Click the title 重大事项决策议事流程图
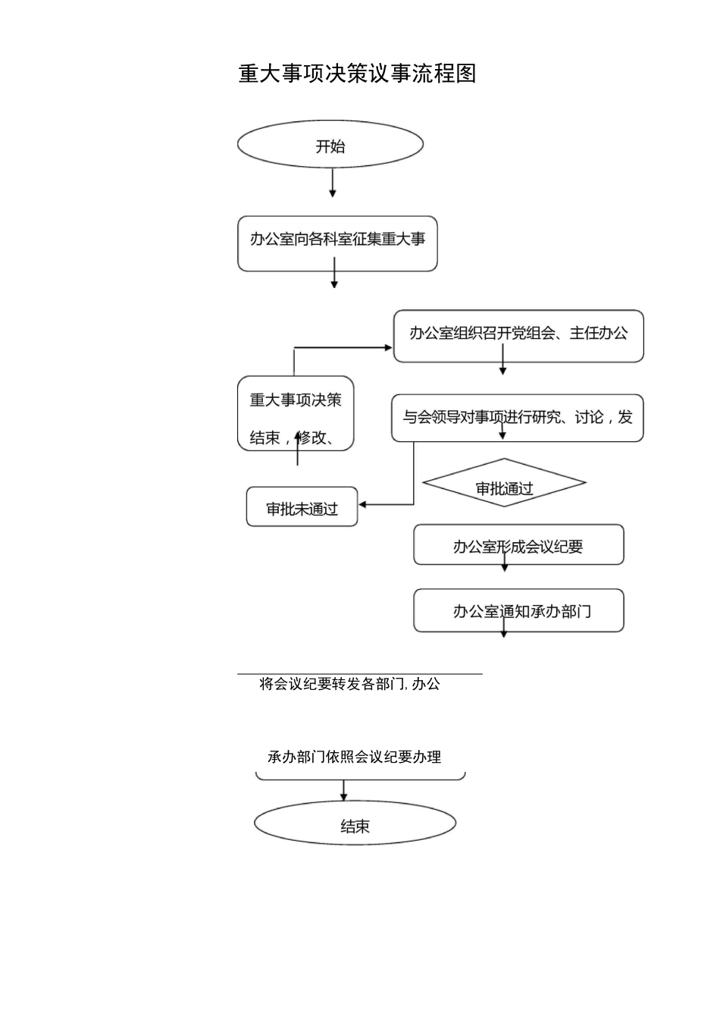point(357,74)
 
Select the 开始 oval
point(330,145)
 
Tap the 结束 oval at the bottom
point(355,825)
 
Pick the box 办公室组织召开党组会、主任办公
point(518,335)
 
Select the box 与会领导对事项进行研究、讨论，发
point(517,417)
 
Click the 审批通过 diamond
point(504,484)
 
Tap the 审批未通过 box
point(302,507)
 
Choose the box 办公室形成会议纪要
point(518,545)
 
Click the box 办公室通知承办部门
point(518,610)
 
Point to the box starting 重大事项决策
point(296,414)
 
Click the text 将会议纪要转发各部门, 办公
point(349,684)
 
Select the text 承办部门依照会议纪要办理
point(354,757)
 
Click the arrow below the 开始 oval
point(333,183)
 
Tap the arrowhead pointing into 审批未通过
point(363,504)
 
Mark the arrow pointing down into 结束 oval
point(343,792)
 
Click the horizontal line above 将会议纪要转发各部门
point(359,673)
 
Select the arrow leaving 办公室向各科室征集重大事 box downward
point(333,274)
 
